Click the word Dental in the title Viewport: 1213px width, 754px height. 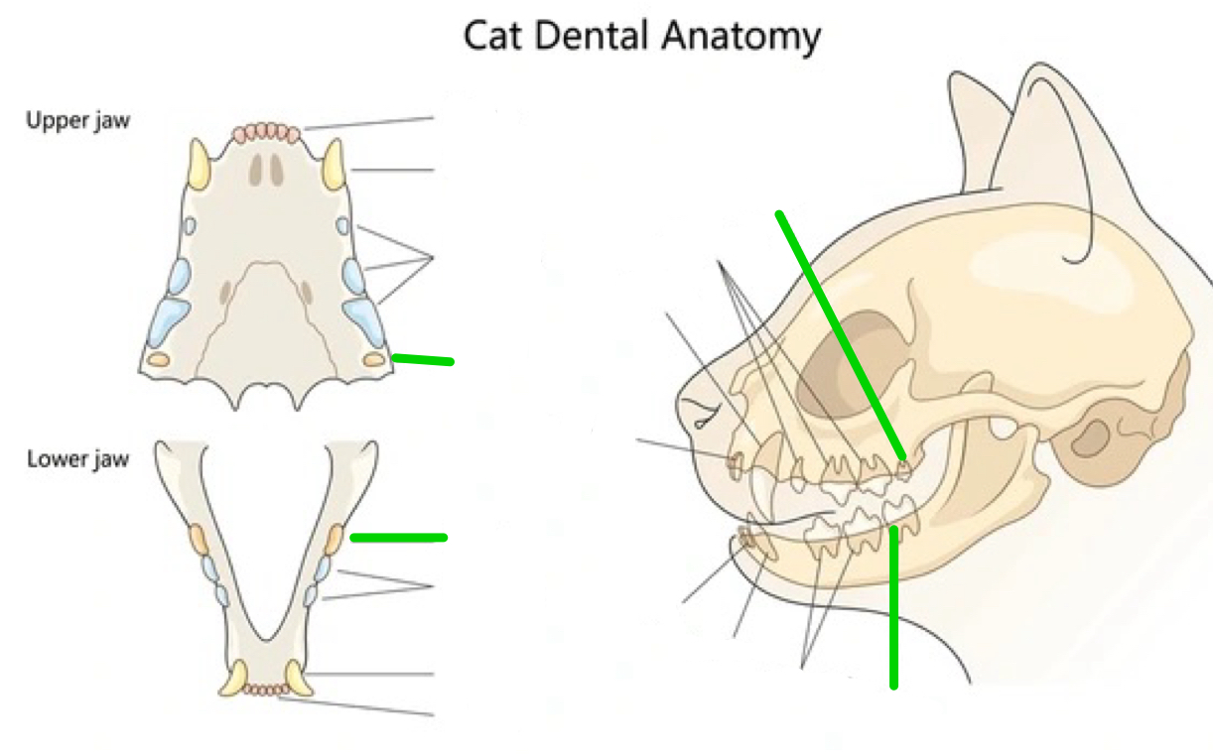tap(594, 37)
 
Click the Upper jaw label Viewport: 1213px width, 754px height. tap(77, 122)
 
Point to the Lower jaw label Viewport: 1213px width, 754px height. tap(77, 459)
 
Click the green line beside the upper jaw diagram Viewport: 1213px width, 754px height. tap(424, 359)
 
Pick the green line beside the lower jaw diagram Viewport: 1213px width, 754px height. tap(398, 538)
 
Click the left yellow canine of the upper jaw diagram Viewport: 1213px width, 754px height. tap(200, 165)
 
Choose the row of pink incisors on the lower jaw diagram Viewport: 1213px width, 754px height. tap(266, 688)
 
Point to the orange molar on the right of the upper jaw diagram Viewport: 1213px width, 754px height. tap(374, 358)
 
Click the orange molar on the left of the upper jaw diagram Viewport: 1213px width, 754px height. tap(157, 359)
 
